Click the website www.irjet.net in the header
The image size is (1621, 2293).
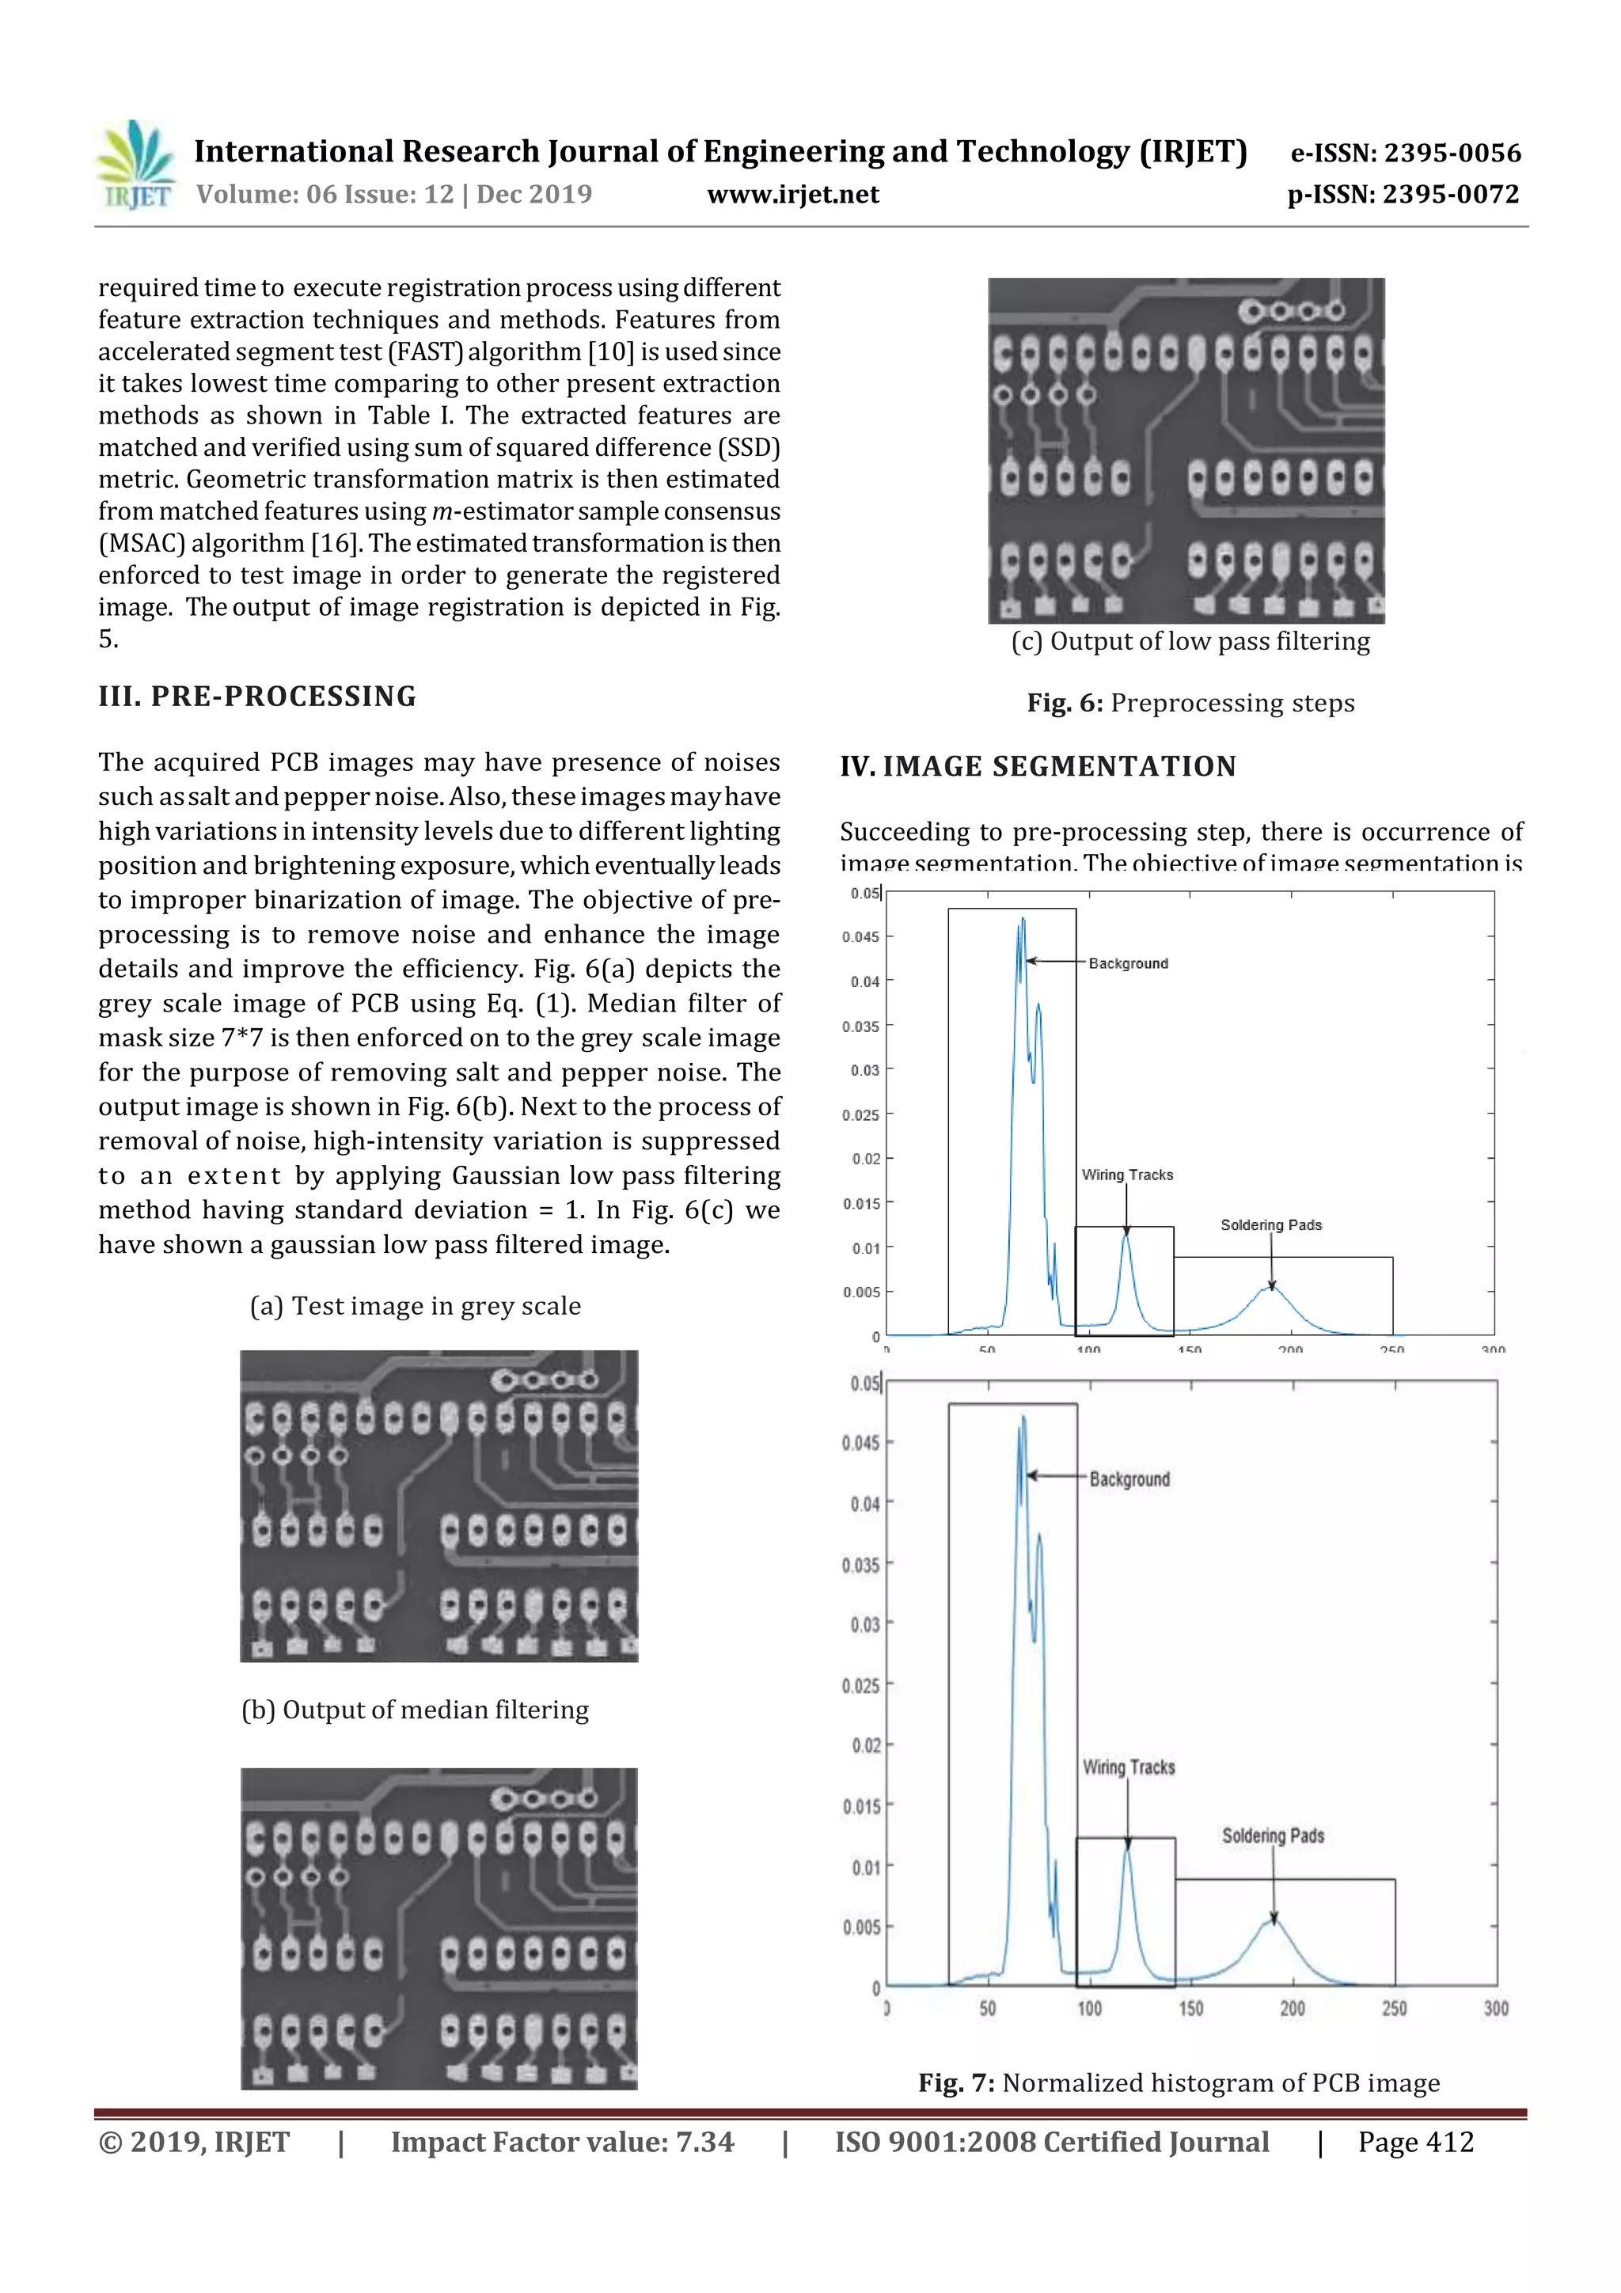tap(793, 195)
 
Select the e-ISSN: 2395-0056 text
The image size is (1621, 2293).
tap(1405, 153)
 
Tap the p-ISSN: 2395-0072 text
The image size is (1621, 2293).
tap(1403, 195)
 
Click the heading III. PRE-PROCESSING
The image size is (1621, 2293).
tap(258, 696)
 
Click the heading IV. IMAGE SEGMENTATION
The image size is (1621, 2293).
tap(1038, 766)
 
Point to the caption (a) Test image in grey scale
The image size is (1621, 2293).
tap(415, 1305)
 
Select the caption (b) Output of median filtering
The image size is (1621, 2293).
tap(415, 1709)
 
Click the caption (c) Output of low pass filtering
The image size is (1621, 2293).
tap(1190, 641)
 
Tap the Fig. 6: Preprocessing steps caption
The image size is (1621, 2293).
tap(1190, 703)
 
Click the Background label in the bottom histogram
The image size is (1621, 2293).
tap(1129, 1479)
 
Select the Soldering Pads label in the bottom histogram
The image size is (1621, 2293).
tap(1273, 1836)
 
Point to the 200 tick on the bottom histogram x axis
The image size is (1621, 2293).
tap(1293, 2007)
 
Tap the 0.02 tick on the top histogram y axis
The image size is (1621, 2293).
tap(866, 1159)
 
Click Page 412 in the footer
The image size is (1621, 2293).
tap(1414, 2142)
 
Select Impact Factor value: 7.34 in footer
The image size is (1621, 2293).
tap(561, 2142)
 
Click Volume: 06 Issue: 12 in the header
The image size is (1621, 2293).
tap(325, 195)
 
